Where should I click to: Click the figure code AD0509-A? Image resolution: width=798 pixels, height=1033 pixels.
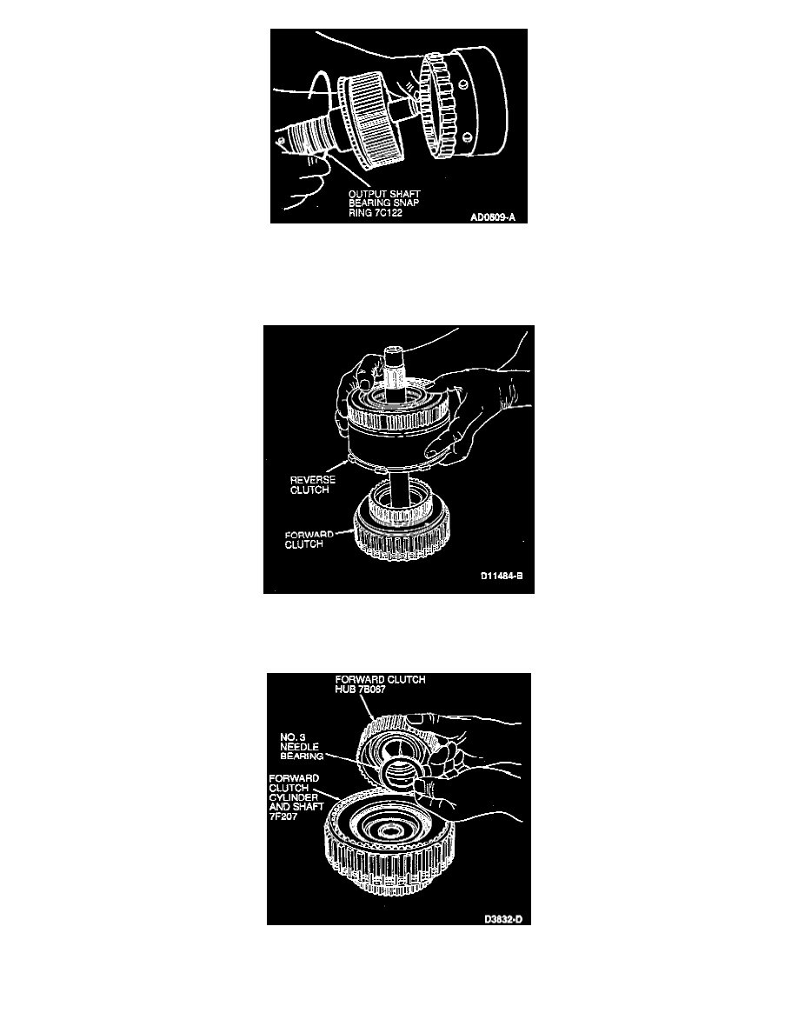click(493, 217)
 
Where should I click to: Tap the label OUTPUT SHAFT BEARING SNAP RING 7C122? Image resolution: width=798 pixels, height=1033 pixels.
click(384, 203)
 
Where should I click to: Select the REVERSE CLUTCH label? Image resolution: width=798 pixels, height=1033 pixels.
click(312, 485)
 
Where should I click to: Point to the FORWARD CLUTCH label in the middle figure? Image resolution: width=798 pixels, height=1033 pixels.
click(309, 540)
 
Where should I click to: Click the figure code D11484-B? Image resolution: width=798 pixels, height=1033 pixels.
click(501, 576)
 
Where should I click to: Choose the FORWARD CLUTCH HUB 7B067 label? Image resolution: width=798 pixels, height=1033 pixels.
click(380, 683)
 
